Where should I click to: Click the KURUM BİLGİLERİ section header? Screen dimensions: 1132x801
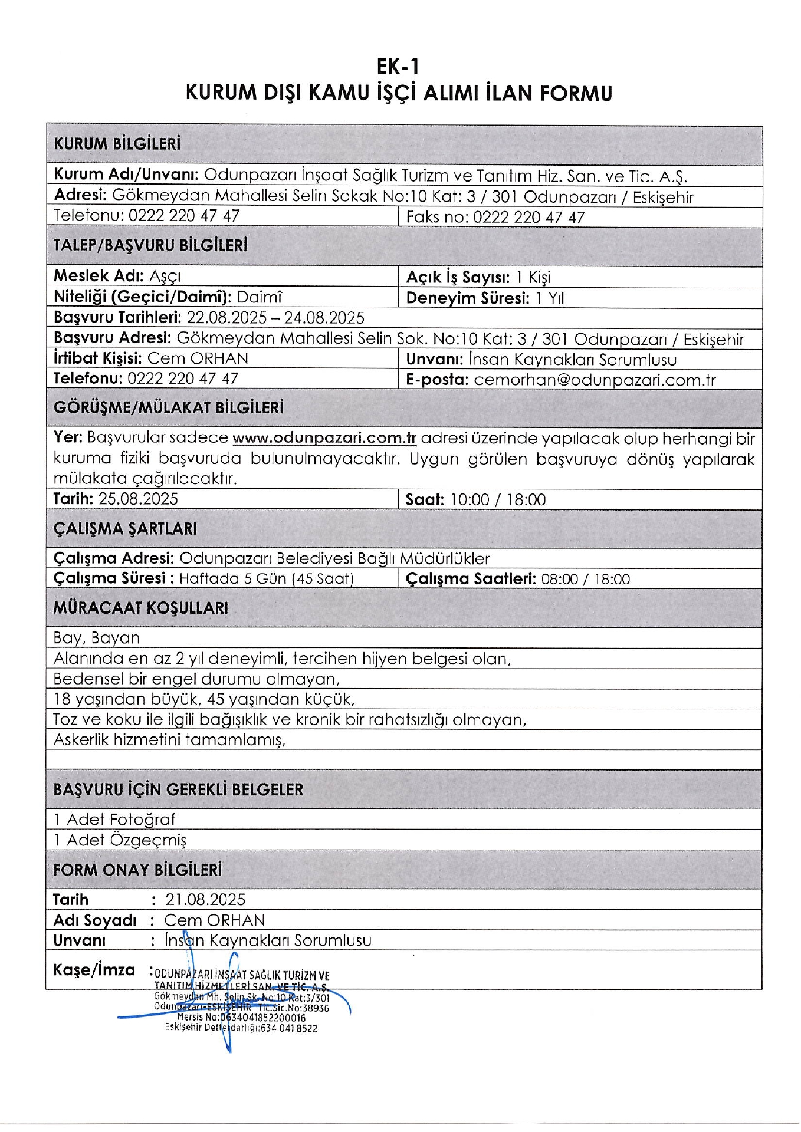click(x=117, y=144)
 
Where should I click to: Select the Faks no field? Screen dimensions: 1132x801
click(x=495, y=217)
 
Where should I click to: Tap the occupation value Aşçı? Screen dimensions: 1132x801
click(x=165, y=276)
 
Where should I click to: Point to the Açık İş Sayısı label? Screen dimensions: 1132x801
click(x=458, y=277)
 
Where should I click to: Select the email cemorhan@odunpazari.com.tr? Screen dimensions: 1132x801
click(x=595, y=380)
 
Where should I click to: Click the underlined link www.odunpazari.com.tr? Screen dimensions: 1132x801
click(x=324, y=438)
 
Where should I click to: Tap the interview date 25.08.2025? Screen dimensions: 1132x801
click(x=138, y=499)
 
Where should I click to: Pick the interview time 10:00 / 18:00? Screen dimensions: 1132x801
click(x=498, y=500)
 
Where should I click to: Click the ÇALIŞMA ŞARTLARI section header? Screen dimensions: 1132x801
click(x=125, y=528)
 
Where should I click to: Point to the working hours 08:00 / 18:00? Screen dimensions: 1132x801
click(x=585, y=579)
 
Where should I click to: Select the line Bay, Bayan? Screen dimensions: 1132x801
click(x=97, y=638)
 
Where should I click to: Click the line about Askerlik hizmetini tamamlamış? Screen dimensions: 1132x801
click(x=169, y=740)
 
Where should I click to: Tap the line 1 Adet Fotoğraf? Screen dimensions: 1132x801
click(x=114, y=820)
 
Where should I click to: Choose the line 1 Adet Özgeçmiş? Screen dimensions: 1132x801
click(x=120, y=840)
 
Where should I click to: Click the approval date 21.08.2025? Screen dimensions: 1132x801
click(x=205, y=899)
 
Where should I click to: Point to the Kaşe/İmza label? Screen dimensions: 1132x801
click(x=94, y=970)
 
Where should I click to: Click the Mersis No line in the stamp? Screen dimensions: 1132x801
click(x=241, y=1018)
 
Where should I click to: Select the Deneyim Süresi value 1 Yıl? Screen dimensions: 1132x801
click(x=550, y=298)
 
